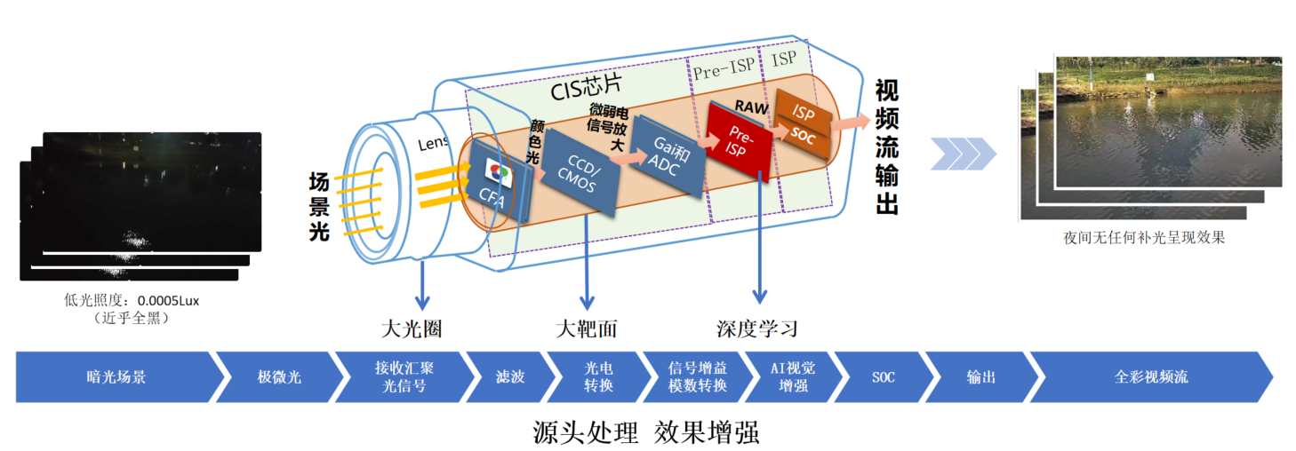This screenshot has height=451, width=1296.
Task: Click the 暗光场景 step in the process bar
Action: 116,377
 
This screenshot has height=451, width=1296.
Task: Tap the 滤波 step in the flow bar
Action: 509,377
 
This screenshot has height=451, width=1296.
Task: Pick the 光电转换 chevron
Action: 598,377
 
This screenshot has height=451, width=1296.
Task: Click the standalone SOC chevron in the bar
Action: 883,377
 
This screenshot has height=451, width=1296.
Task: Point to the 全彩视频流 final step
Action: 1150,377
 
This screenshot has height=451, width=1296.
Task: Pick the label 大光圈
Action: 412,329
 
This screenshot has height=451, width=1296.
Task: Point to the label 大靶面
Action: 587,329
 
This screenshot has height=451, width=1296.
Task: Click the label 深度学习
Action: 757,329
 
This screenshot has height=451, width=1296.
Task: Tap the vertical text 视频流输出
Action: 886,147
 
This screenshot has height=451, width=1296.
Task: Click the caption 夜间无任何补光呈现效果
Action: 1143,238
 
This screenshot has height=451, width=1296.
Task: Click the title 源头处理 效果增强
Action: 646,432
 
